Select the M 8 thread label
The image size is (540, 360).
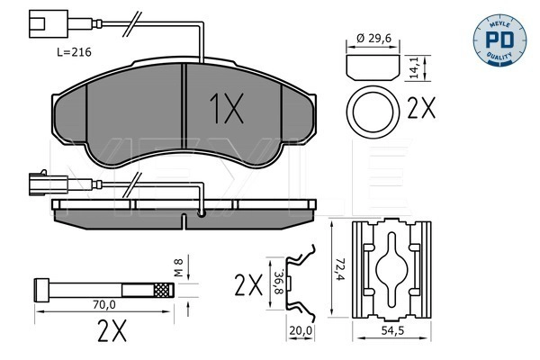[178, 267]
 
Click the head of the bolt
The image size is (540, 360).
[40, 290]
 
